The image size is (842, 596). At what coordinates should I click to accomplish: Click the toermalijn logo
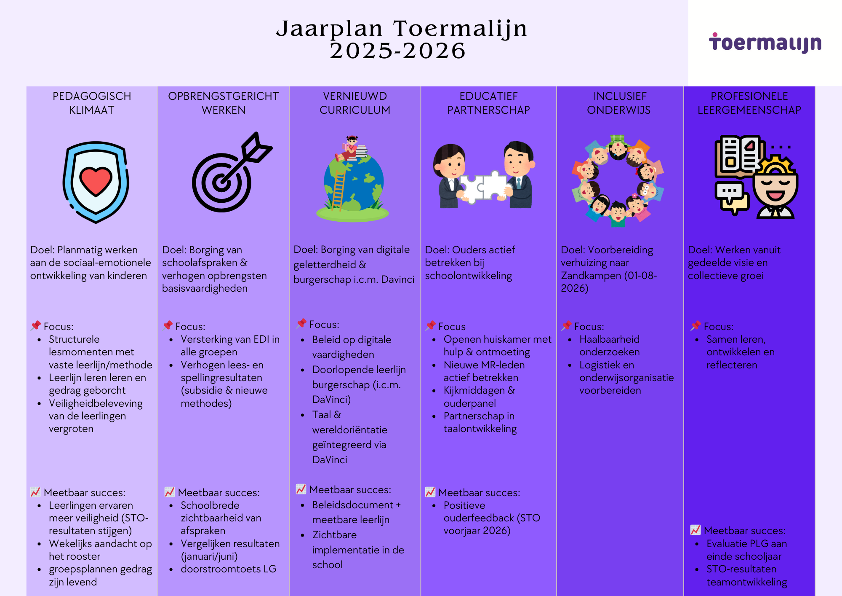coord(765,43)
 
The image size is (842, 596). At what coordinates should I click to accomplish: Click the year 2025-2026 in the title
coord(397,51)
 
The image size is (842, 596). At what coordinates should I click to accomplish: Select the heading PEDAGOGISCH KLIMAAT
coord(92,103)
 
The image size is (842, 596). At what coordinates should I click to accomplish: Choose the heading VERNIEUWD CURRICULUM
coord(355,103)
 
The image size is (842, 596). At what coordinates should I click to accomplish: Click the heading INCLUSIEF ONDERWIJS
coord(619,103)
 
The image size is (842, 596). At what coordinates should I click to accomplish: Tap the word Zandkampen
coord(591,276)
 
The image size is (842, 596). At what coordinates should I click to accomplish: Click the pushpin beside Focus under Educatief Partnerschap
coord(430,325)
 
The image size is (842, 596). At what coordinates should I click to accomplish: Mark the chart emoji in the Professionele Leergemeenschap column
coord(695,530)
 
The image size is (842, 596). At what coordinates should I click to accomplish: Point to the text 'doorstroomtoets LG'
coord(228,569)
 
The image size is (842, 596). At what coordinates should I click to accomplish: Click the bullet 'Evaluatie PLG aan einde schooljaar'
coord(746,550)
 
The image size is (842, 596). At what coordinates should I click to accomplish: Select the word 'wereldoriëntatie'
coord(349,430)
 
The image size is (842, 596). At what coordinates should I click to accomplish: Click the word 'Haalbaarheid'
coord(609,339)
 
